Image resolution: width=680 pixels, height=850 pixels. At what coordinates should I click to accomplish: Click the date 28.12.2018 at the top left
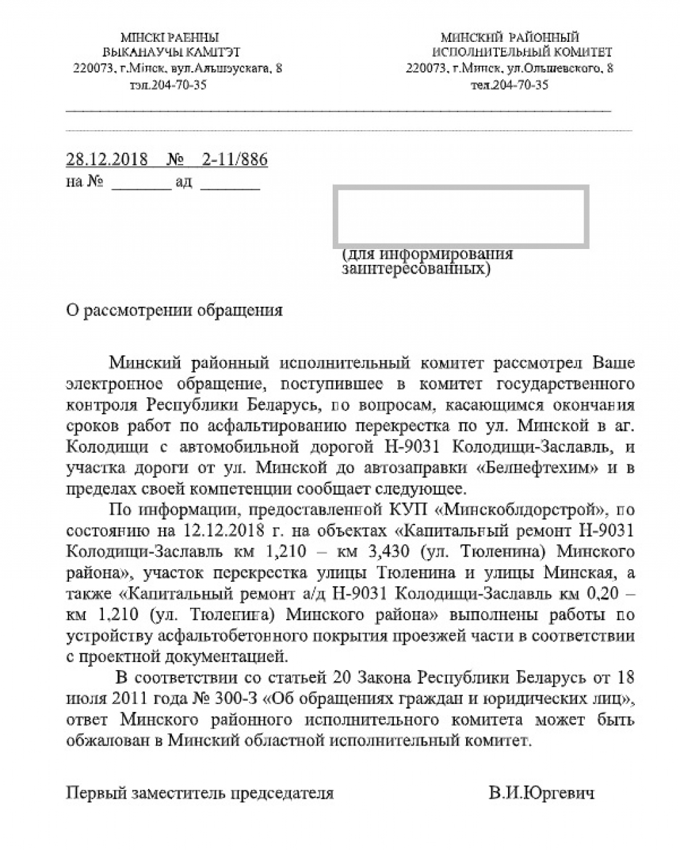tap(108, 159)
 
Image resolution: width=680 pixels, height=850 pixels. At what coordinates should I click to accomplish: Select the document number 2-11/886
tap(234, 159)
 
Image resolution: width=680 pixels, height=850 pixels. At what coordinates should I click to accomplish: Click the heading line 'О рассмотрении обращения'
tap(175, 311)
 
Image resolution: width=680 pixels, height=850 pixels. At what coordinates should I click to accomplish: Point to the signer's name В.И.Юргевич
tap(541, 793)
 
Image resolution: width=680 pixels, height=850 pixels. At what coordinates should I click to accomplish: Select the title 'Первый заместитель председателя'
tap(200, 793)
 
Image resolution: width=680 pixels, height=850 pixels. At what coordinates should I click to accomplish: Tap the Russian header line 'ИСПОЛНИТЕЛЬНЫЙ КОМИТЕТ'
tap(522, 52)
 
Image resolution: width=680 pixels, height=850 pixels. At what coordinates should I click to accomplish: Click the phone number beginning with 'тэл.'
tap(169, 85)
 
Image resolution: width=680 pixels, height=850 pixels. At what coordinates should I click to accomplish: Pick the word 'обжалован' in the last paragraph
tap(110, 740)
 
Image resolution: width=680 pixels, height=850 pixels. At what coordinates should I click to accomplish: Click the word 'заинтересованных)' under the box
tap(416, 270)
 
